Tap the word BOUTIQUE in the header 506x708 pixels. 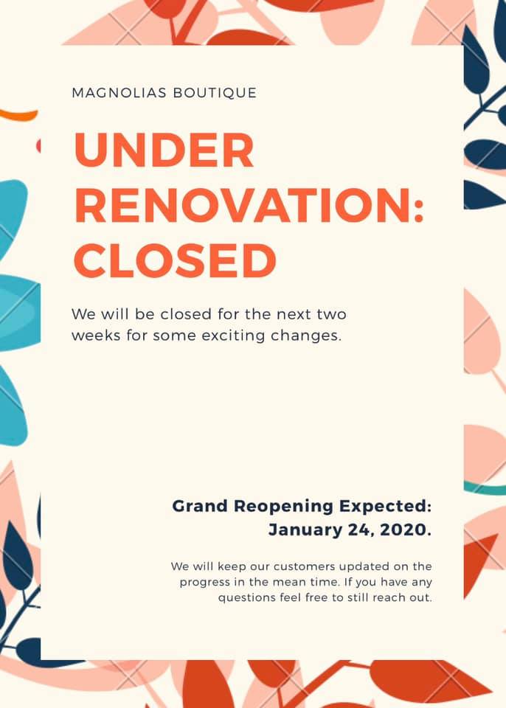[x=215, y=94]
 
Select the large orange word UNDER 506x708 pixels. [x=164, y=150]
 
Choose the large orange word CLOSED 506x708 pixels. [x=176, y=260]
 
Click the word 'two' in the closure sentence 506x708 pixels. [x=332, y=314]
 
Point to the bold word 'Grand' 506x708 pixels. [x=200, y=506]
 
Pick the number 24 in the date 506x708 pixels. [x=361, y=530]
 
